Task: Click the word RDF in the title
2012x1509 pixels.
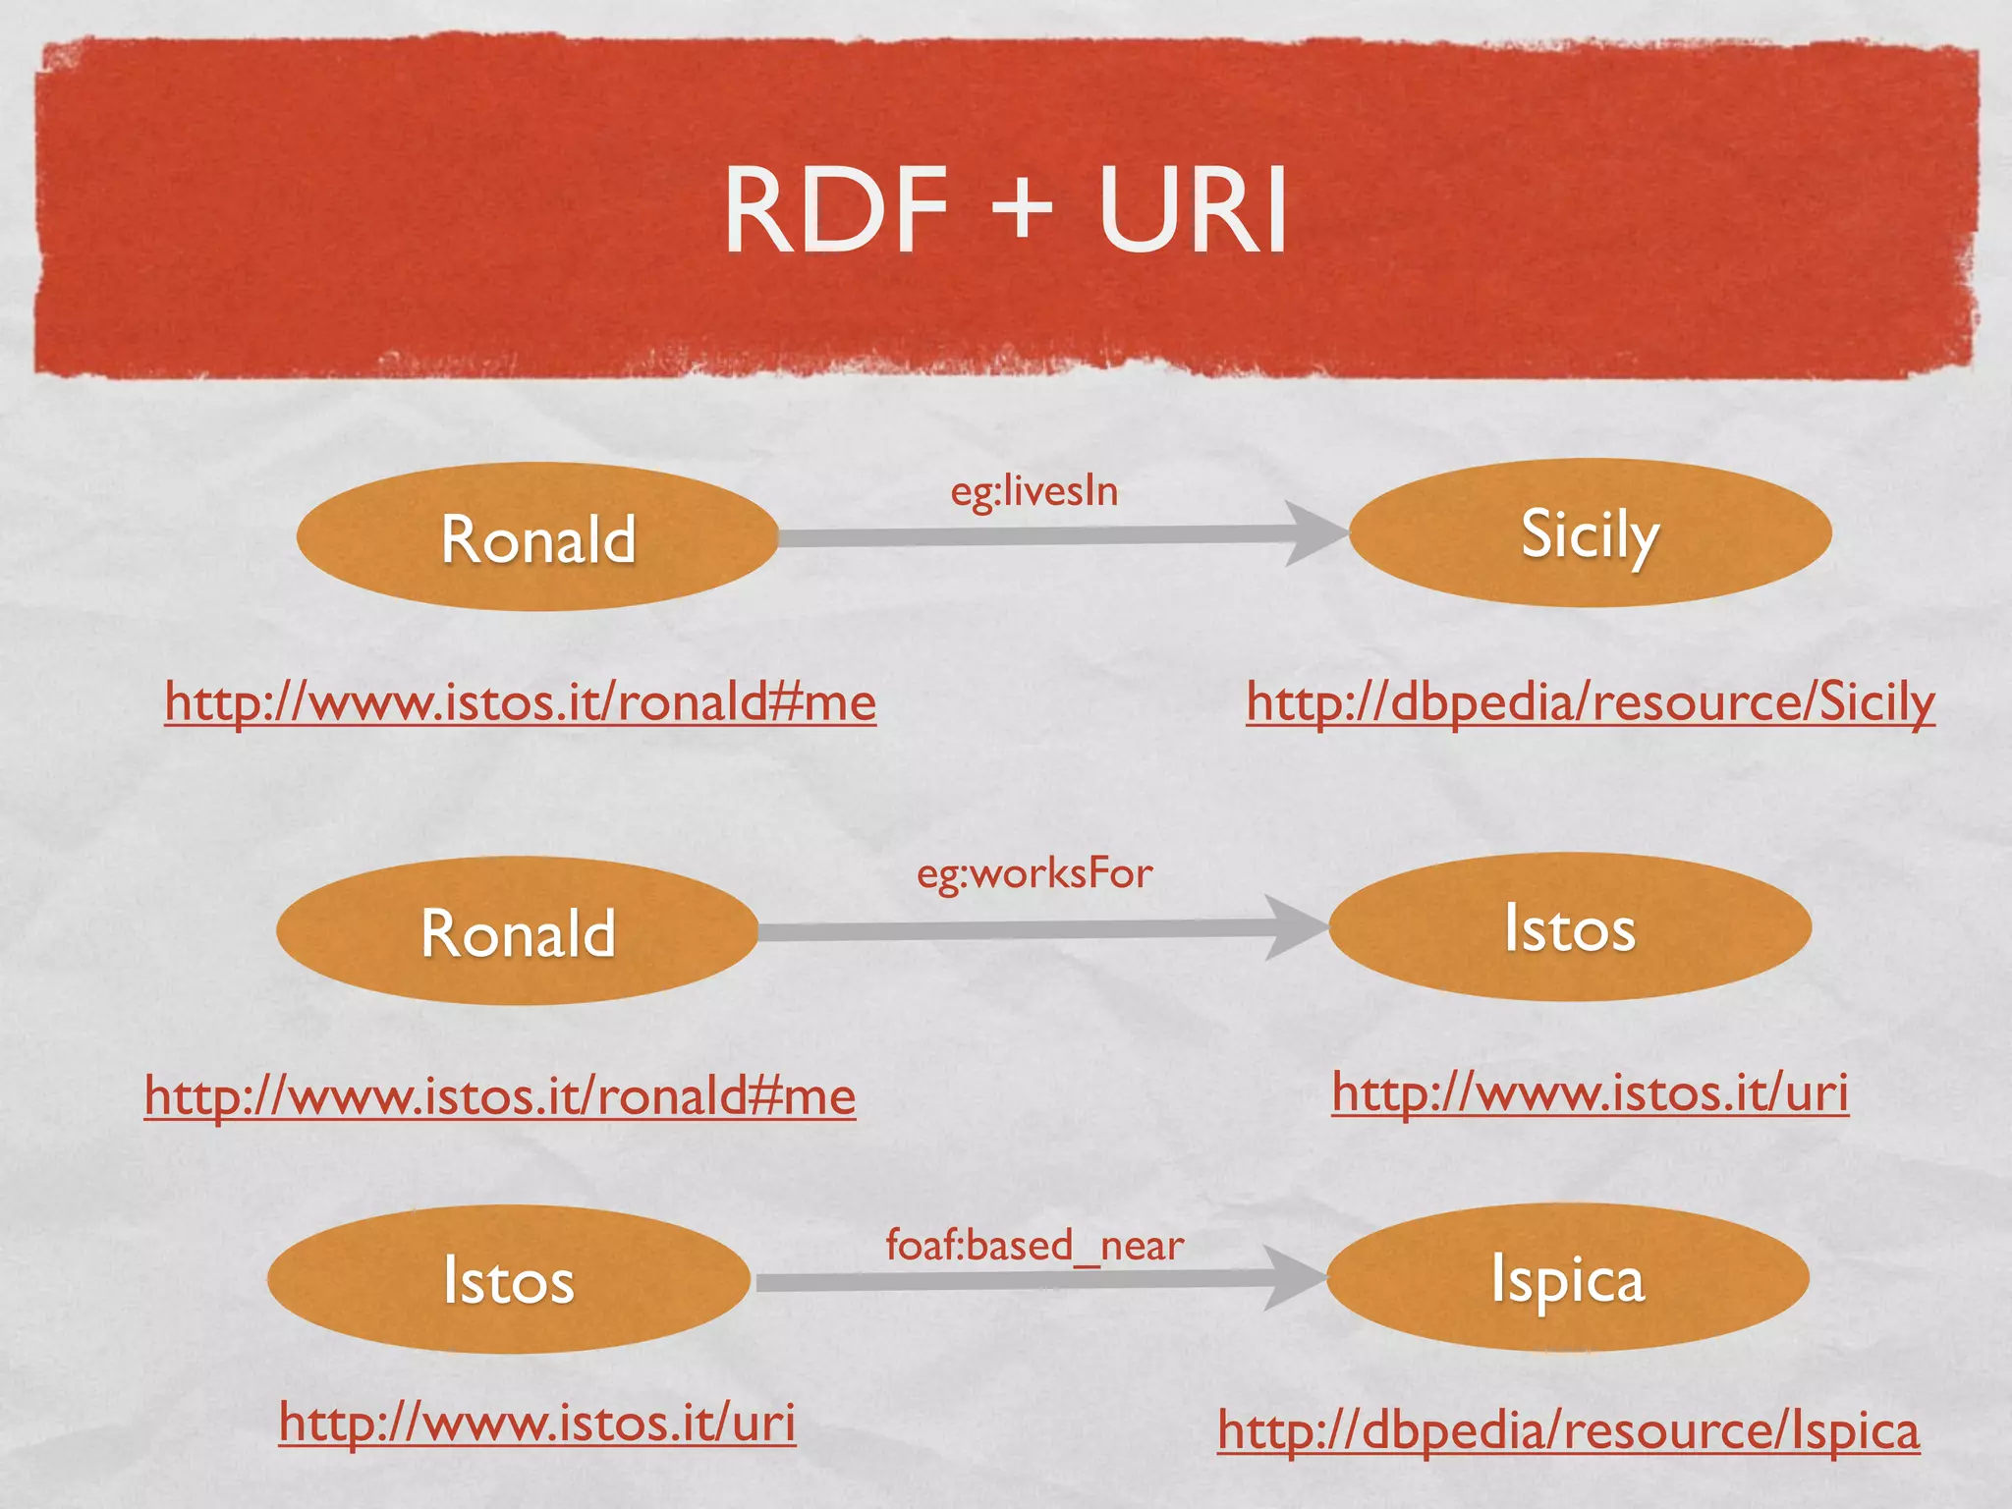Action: click(836, 211)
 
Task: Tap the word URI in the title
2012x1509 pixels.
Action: click(1193, 211)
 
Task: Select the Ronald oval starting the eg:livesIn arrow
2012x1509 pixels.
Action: click(537, 537)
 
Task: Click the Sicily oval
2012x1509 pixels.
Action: click(1590, 533)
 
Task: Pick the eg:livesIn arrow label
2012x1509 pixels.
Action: click(1034, 491)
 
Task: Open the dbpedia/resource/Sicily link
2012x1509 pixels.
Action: click(1590, 701)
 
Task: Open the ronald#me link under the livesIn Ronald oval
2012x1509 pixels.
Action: click(520, 701)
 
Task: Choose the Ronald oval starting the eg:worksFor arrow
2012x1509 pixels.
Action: click(518, 931)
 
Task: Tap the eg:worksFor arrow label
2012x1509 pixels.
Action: click(1034, 873)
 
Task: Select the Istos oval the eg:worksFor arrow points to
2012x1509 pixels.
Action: click(1570, 927)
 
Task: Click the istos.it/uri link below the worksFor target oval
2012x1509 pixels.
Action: click(1590, 1092)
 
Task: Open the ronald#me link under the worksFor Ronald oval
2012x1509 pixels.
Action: click(499, 1095)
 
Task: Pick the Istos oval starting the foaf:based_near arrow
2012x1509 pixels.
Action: click(508, 1280)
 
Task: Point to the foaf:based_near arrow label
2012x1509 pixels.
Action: click(1034, 1246)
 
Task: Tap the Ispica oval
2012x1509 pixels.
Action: click(1568, 1278)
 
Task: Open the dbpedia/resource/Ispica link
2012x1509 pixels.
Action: click(1568, 1430)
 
